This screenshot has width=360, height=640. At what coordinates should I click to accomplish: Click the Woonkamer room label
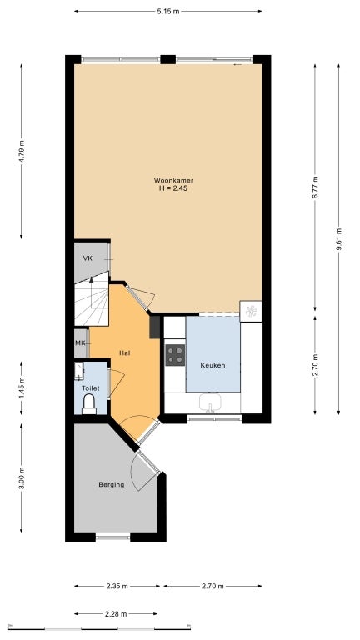169,180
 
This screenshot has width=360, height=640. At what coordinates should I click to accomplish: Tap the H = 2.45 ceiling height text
169,188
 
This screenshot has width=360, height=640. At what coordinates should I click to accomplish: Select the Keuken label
212,365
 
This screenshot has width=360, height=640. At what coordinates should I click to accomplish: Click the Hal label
124,352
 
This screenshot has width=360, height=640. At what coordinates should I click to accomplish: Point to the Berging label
111,484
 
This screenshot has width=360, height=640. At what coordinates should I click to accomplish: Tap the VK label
87,258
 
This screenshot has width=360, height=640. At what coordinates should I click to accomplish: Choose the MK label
81,343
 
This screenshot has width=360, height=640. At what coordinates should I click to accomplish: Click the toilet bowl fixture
89,403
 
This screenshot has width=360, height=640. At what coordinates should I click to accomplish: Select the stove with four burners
176,355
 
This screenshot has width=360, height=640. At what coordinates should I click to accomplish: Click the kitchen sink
212,404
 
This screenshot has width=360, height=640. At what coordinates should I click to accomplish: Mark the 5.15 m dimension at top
168,11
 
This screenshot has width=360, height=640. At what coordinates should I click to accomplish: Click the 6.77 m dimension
315,184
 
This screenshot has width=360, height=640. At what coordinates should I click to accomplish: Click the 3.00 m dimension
22,479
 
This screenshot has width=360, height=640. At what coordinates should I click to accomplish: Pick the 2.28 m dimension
116,613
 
